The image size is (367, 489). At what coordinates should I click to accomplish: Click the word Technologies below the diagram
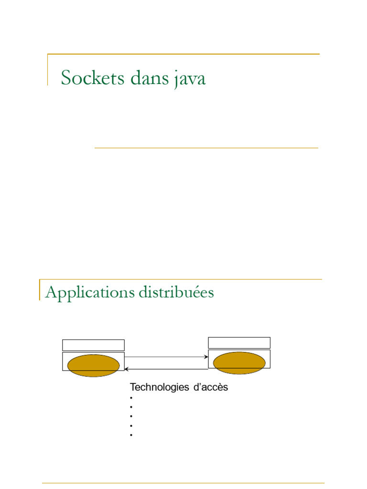[x=159, y=387]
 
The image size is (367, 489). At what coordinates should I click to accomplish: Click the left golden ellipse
[x=94, y=366]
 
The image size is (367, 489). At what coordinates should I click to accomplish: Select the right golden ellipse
[x=239, y=363]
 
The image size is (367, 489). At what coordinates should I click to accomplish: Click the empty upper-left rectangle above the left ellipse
[x=94, y=345]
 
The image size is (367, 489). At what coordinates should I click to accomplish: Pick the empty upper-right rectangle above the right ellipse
[x=239, y=343]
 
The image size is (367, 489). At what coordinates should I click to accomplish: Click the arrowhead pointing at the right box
[x=206, y=357]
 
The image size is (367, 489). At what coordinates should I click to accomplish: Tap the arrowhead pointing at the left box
[x=127, y=369]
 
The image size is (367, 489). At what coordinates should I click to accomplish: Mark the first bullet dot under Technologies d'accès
[x=130, y=397]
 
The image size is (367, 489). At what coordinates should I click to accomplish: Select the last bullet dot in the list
[x=130, y=435]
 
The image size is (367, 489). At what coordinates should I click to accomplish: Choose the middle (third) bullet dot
[x=130, y=416]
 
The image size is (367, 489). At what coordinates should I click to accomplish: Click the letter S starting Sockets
[x=66, y=78]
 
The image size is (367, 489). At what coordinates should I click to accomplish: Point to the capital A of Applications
[x=50, y=292]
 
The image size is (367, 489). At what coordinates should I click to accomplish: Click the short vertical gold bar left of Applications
[x=40, y=290]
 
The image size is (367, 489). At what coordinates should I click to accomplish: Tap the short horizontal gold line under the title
[x=206, y=148]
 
